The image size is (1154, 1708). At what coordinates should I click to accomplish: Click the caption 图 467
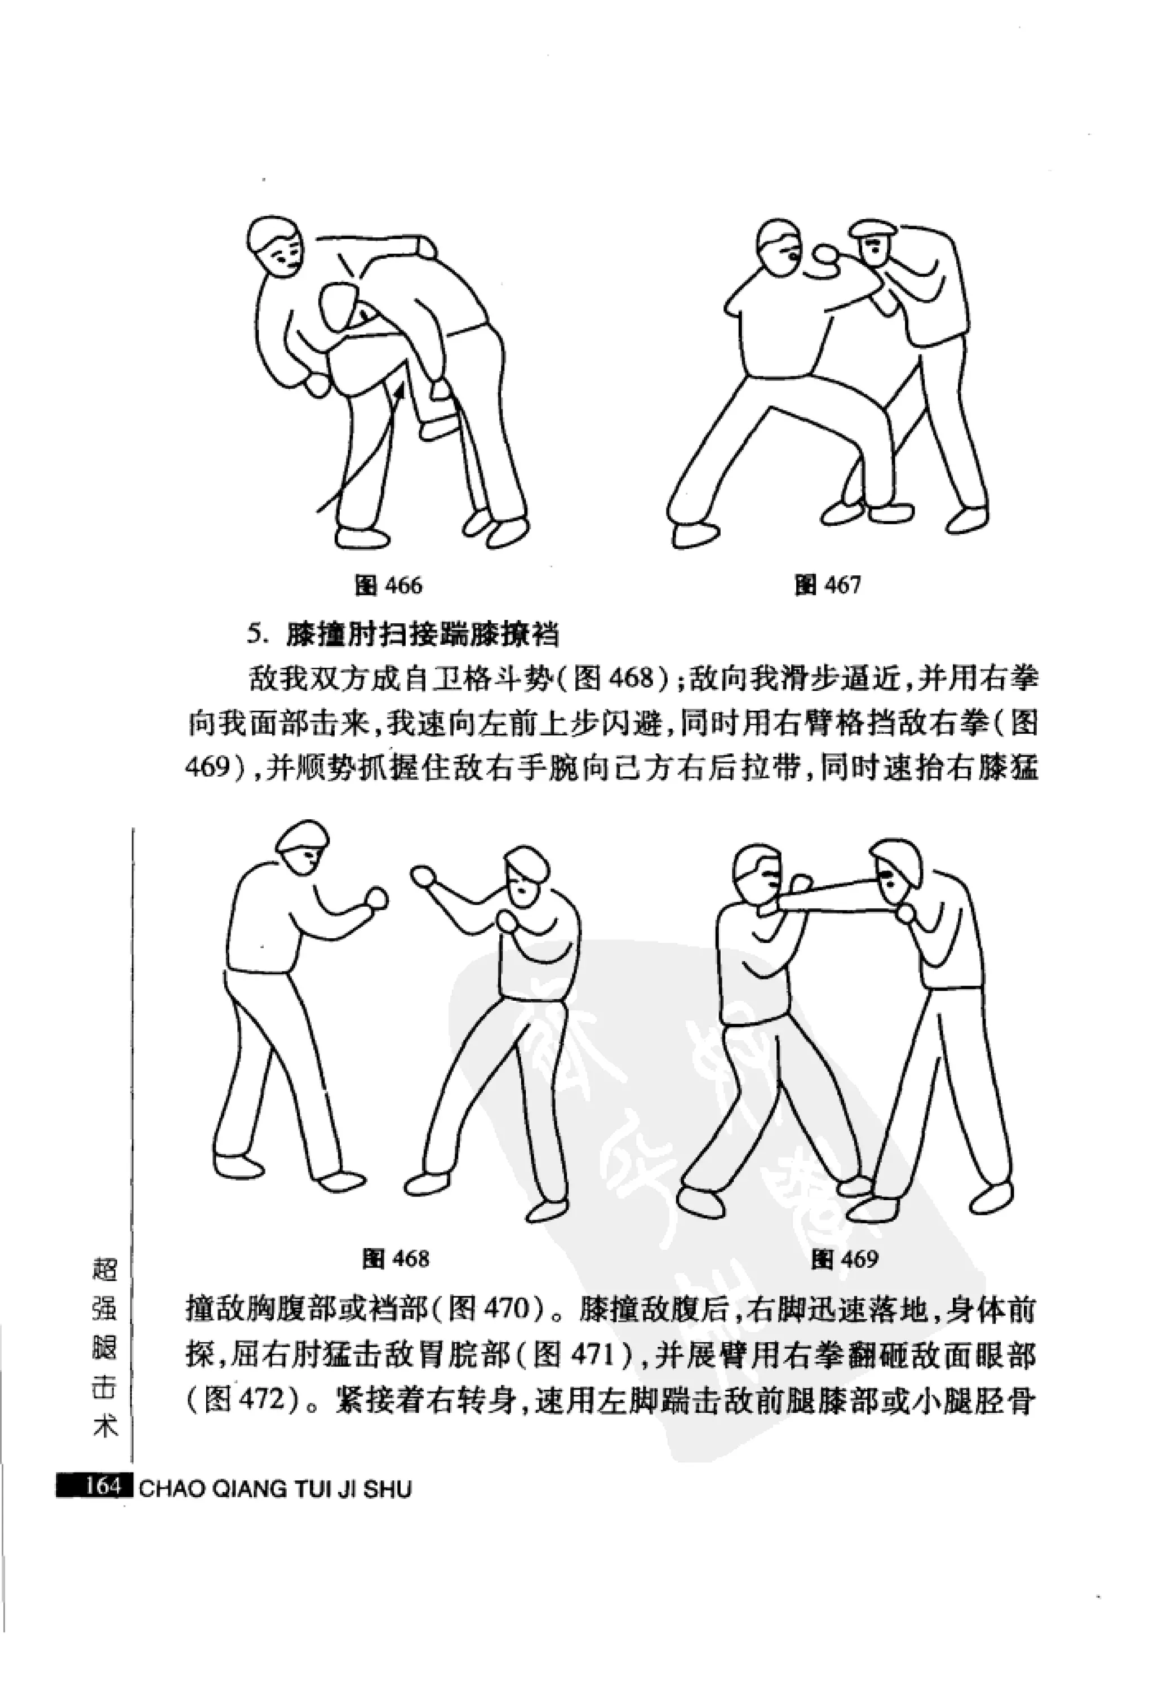tap(827, 585)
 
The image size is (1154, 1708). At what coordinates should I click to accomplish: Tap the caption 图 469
tap(845, 1259)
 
